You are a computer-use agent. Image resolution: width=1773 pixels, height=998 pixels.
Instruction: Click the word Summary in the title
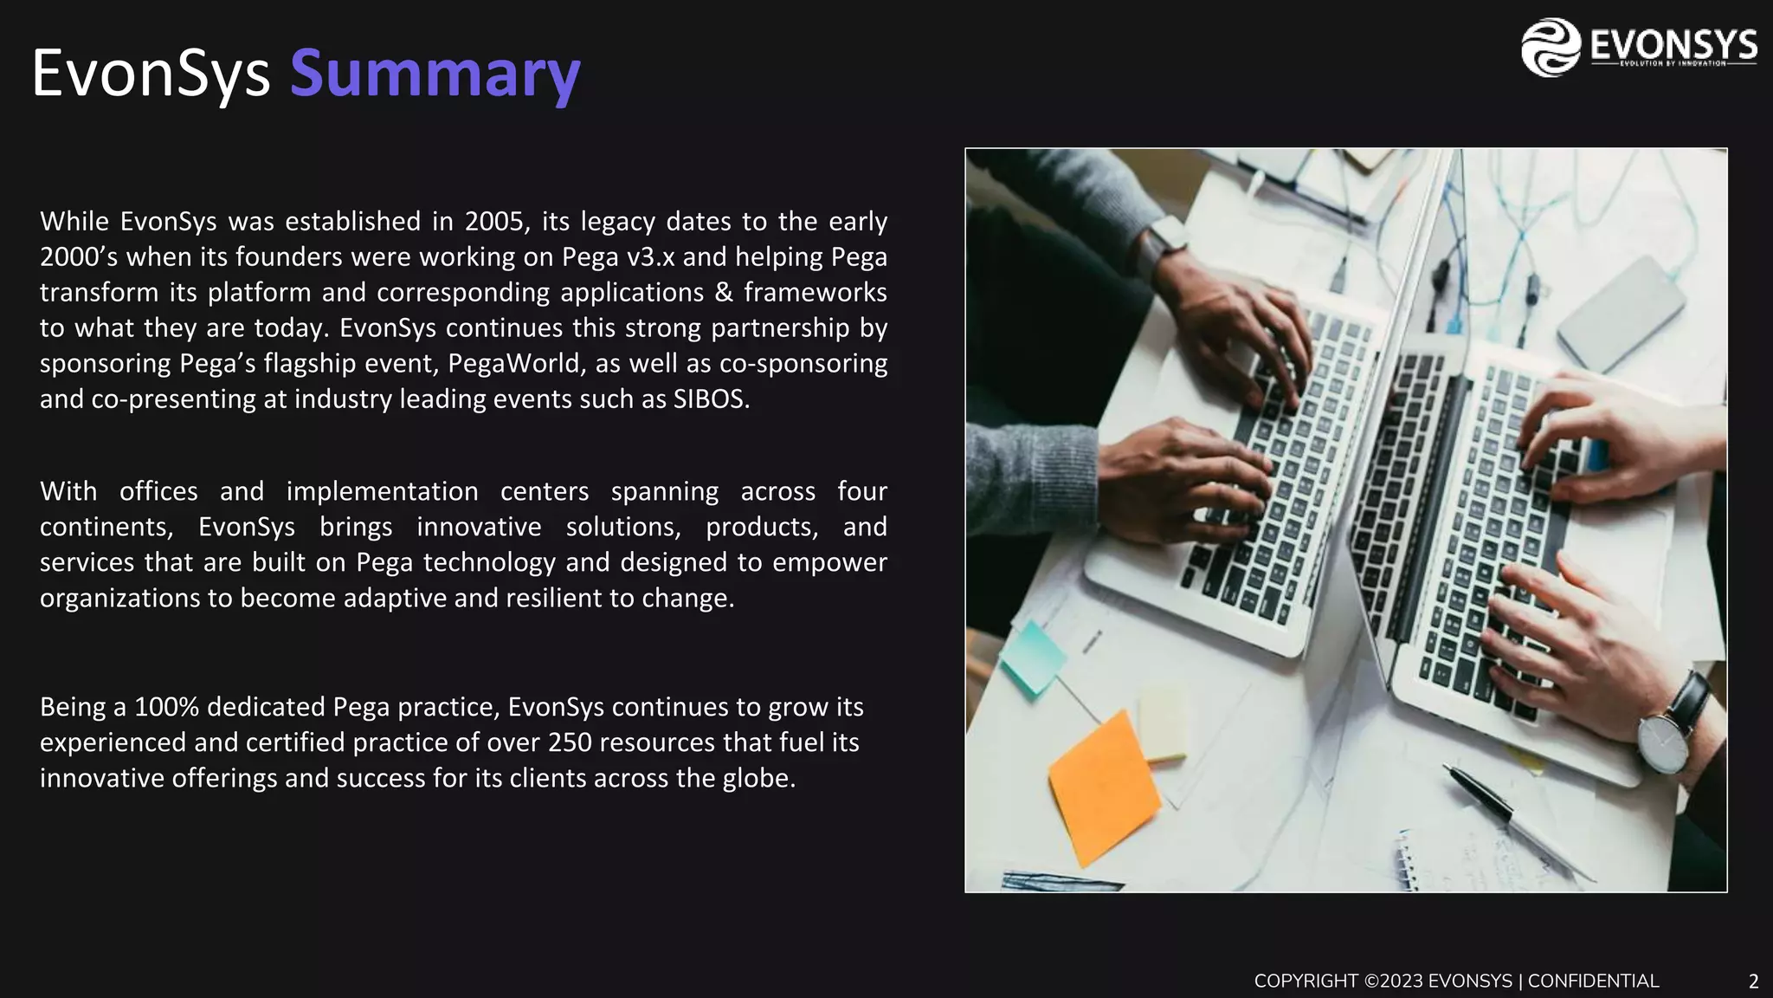click(435, 73)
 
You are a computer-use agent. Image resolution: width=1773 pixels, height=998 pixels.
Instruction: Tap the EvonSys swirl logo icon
click(1551, 48)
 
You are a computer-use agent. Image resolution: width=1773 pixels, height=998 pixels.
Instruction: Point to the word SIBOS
click(709, 399)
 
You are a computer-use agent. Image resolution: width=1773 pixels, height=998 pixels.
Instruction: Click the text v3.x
click(650, 257)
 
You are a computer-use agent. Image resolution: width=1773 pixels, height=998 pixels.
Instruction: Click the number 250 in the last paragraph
click(570, 742)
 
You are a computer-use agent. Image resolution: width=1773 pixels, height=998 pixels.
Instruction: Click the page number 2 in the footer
click(1753, 982)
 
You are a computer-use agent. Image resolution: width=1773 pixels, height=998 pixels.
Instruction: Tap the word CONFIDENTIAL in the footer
click(1593, 982)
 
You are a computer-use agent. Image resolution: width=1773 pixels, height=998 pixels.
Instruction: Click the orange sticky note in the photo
click(1103, 787)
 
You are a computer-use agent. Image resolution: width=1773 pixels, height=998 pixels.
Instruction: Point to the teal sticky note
click(1032, 656)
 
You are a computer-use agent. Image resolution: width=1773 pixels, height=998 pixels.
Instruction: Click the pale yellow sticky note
click(1163, 724)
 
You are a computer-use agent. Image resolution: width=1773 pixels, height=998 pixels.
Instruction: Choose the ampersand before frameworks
click(724, 293)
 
